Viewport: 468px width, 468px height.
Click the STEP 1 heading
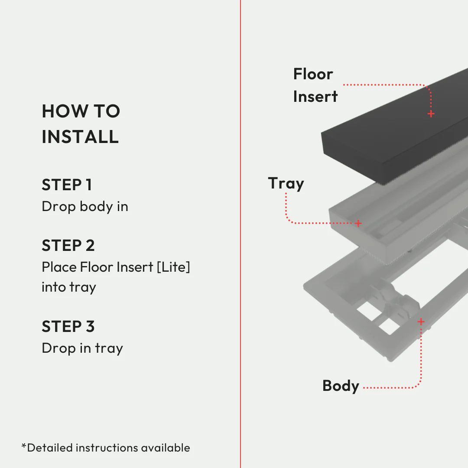pyautogui.click(x=67, y=185)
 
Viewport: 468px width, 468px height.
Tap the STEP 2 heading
pyautogui.click(x=68, y=246)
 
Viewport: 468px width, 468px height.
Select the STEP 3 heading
pyautogui.click(x=68, y=326)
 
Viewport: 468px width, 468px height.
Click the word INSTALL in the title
pyautogui.click(x=80, y=137)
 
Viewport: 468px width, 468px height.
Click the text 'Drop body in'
pyautogui.click(x=85, y=207)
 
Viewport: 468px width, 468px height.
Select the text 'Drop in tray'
pyautogui.click(x=82, y=348)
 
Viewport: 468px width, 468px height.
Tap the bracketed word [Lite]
pyautogui.click(x=173, y=267)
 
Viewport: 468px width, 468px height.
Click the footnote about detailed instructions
pyautogui.click(x=106, y=448)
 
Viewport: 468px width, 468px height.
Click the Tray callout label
pyautogui.click(x=286, y=183)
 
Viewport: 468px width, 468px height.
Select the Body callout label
pyautogui.click(x=341, y=386)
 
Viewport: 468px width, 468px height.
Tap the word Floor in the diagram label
pyautogui.click(x=313, y=74)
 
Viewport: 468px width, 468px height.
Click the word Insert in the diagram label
pyautogui.click(x=315, y=97)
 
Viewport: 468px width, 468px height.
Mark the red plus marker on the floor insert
pyautogui.click(x=431, y=114)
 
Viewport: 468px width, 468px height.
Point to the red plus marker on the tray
pyautogui.click(x=358, y=223)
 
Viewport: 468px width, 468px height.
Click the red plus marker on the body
pyautogui.click(x=421, y=322)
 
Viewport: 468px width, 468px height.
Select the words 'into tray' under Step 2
pyautogui.click(x=68, y=287)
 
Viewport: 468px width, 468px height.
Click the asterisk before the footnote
pyautogui.click(x=24, y=446)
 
